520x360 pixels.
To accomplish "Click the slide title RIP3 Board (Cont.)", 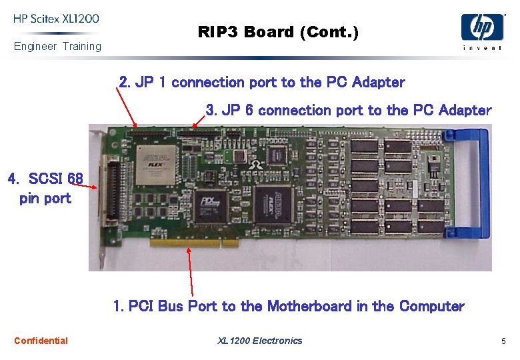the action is click(x=278, y=32).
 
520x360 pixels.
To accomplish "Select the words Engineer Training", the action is click(x=57, y=46).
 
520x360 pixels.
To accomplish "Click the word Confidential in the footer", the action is click(x=41, y=341).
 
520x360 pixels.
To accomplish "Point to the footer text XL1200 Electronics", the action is click(x=260, y=341).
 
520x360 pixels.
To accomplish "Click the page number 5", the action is click(x=504, y=341).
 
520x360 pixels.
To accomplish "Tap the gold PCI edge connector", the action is click(x=193, y=243).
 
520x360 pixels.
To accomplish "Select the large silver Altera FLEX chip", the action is click(x=156, y=164).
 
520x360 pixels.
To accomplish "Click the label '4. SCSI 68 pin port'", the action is click(x=45, y=188).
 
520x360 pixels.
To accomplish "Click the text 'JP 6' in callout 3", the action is click(x=237, y=111).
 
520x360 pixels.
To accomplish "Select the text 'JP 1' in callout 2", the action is click(x=151, y=83).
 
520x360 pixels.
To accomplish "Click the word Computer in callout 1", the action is click(x=431, y=307).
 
